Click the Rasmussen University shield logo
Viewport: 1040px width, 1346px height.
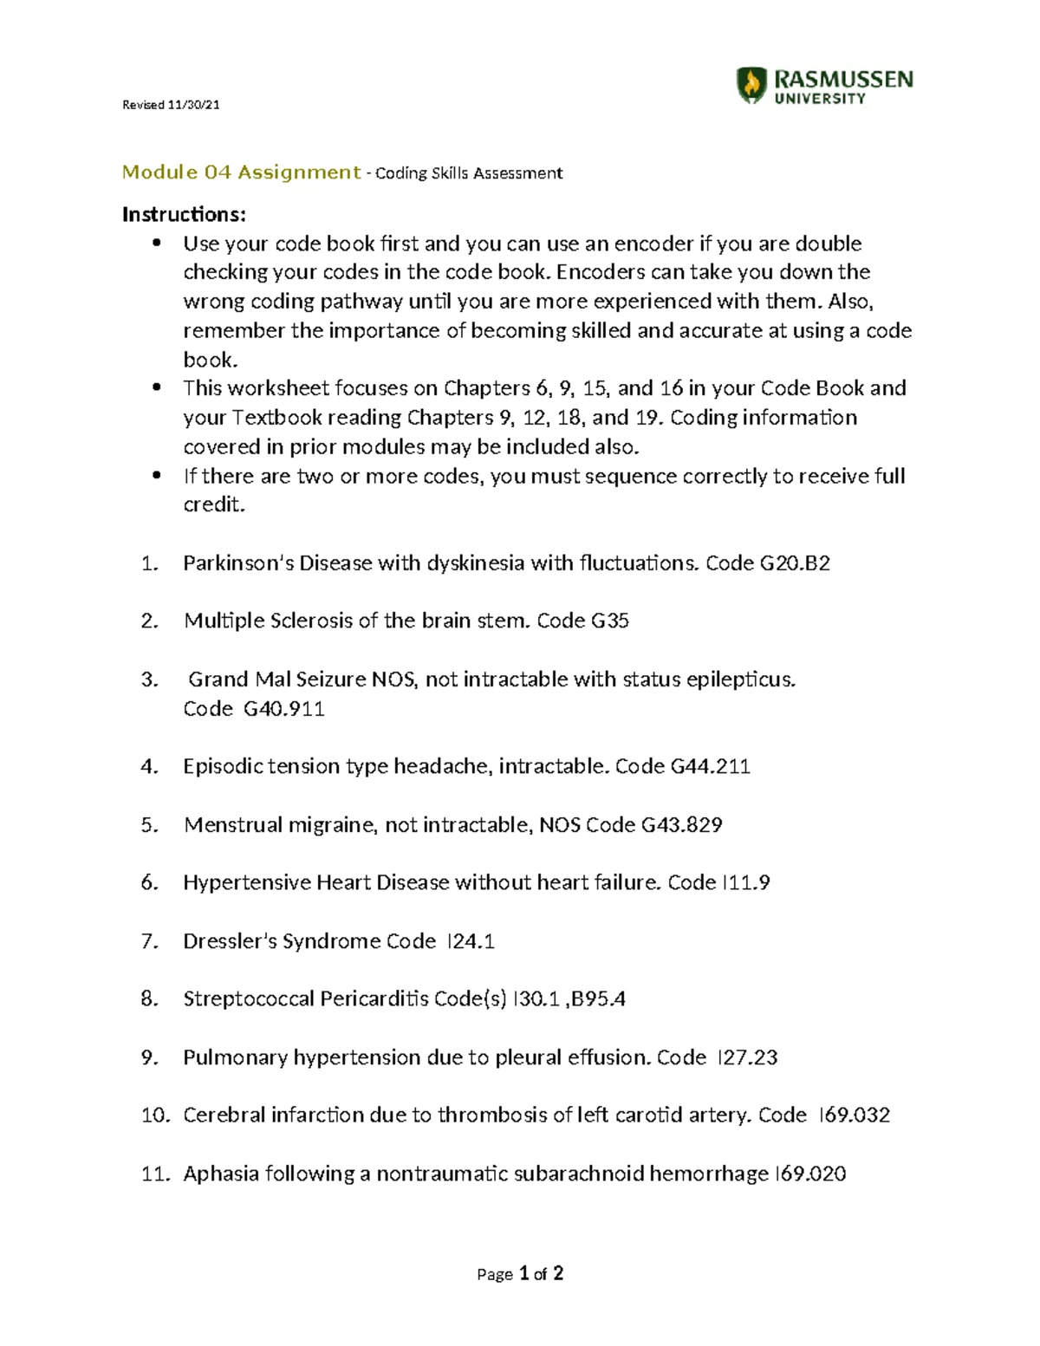pyautogui.click(x=751, y=86)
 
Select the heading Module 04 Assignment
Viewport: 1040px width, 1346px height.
pyautogui.click(x=241, y=172)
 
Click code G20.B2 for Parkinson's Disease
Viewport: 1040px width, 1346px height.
pyautogui.click(x=795, y=563)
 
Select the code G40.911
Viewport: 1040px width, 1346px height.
pyautogui.click(x=283, y=709)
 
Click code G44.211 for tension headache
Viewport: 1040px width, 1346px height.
pyautogui.click(x=710, y=767)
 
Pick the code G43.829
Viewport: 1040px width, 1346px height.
pyautogui.click(x=681, y=825)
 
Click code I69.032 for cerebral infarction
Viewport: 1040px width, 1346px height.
pyautogui.click(x=854, y=1115)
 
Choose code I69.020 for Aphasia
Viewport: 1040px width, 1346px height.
pyautogui.click(x=809, y=1174)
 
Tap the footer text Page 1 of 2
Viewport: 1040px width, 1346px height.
pyautogui.click(x=520, y=1273)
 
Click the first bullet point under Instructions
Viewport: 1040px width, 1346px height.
pyautogui.click(x=157, y=244)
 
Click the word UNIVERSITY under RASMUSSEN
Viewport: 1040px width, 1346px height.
pyautogui.click(x=819, y=100)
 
